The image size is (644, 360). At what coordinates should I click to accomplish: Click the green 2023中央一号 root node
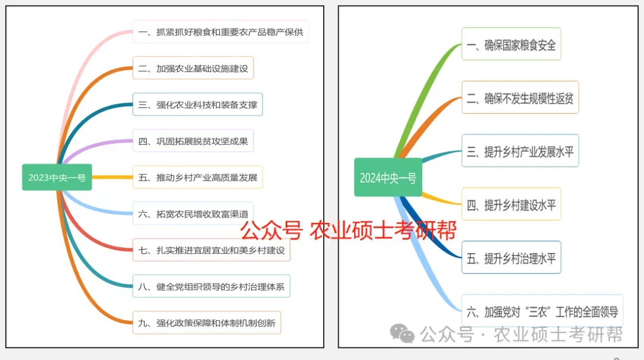57,177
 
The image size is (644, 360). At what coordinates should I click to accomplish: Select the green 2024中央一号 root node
388,178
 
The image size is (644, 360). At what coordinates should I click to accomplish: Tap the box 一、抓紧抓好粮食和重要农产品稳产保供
221,32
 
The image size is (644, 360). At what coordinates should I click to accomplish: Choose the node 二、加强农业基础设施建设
193,69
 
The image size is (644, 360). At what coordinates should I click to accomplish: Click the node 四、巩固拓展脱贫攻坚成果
193,141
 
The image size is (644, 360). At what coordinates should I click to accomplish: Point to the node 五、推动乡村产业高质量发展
197,178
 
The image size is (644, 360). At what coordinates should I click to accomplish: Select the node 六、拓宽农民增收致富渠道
193,213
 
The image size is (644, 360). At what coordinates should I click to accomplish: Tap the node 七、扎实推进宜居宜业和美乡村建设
211,250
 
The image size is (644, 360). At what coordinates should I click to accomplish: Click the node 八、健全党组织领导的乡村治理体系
211,287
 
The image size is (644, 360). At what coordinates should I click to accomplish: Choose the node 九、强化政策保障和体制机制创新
206,323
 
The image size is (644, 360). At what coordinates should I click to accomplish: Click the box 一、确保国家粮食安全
511,44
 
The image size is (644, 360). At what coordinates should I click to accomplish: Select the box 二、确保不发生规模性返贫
520,98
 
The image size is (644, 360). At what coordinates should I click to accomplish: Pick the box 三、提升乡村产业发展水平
520,151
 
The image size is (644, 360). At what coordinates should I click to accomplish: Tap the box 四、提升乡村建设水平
511,204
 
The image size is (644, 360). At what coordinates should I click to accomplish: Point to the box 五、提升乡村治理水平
511,258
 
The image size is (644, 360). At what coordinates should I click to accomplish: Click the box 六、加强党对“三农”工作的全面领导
542,311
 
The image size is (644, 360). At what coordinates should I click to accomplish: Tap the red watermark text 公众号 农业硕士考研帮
348,229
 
